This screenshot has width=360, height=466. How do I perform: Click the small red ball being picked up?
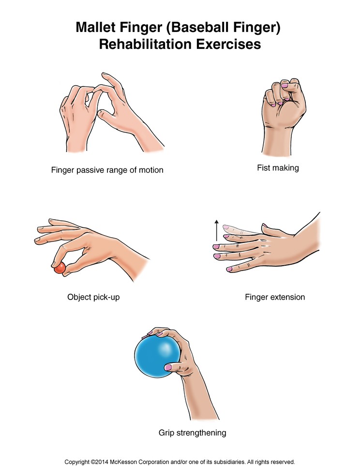(60, 268)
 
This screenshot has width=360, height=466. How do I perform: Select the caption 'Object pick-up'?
(93, 297)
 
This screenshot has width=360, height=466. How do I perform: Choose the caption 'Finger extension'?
(275, 297)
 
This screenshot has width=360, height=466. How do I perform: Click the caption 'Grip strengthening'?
(192, 432)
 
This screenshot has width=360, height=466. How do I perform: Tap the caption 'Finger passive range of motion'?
(107, 170)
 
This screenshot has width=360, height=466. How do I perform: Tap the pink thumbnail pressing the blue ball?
(168, 367)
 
